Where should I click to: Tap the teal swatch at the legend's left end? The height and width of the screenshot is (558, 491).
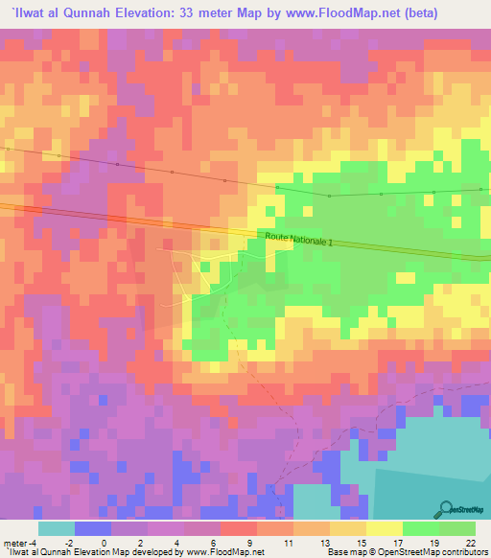57,527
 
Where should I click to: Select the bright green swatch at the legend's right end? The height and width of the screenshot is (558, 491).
457,527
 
